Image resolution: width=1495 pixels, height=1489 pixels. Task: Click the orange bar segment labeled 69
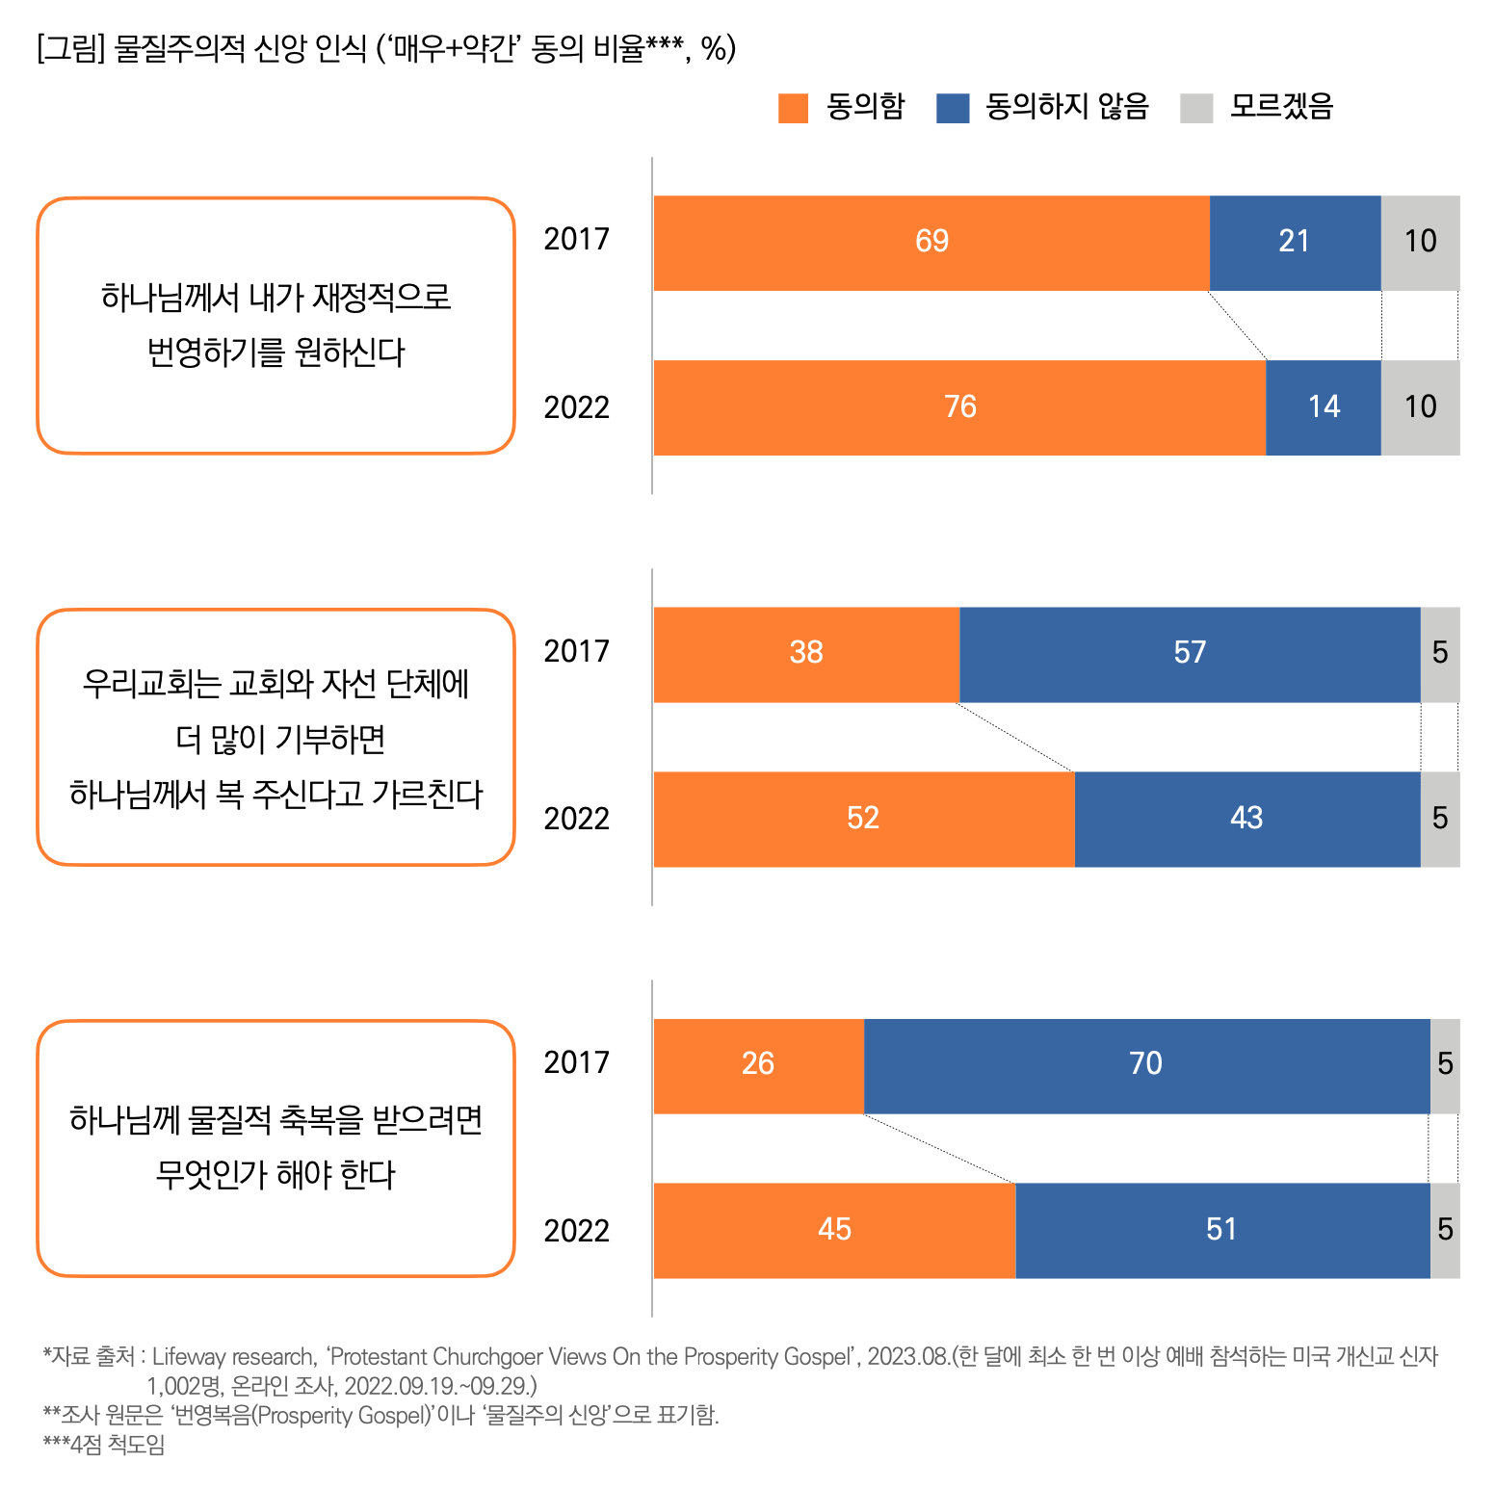931,243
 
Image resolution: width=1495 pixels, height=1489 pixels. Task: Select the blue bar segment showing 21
1295,243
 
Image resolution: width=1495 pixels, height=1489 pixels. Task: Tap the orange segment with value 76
959,407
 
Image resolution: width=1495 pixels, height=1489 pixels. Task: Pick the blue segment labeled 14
1324,407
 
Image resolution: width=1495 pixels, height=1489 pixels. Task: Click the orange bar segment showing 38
806,654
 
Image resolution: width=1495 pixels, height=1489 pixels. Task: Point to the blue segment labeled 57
1190,654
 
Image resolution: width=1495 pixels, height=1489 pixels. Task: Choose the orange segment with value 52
863,819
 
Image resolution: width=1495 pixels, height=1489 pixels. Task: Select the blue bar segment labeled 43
1246,819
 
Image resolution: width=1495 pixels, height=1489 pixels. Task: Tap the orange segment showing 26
758,1065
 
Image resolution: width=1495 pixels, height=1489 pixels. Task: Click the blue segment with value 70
1146,1065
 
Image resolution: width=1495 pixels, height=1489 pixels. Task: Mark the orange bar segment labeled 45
834,1230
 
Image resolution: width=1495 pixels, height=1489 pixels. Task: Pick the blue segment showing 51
1221,1230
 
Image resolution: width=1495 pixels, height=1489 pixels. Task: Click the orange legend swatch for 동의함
793,108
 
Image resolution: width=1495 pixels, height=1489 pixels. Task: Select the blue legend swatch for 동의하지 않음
952,108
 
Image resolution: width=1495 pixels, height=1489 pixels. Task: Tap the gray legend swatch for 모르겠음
1196,108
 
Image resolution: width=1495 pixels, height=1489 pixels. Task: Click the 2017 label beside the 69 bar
576,239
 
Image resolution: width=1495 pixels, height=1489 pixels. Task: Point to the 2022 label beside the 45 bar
576,1231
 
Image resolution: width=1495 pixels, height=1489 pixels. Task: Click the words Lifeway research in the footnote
233,1356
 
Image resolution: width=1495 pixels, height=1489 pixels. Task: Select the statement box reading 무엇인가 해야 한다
275,1148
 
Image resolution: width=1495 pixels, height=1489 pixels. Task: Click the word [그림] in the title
69,48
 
